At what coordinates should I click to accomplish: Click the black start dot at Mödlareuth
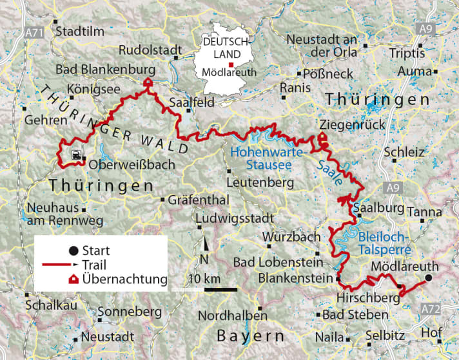(x=427, y=278)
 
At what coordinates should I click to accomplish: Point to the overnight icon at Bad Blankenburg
(x=148, y=83)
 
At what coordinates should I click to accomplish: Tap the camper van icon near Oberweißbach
(x=76, y=155)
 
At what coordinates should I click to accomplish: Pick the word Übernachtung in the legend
(x=122, y=279)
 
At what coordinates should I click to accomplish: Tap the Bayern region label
(x=250, y=336)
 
